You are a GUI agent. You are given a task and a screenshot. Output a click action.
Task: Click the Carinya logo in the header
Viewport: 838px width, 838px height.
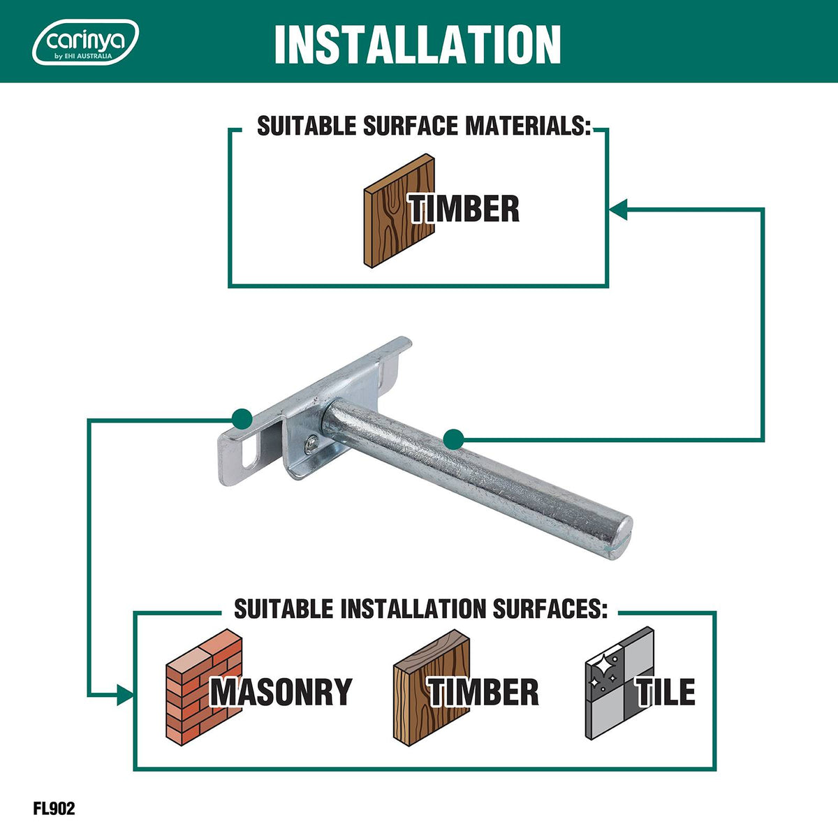[86, 42]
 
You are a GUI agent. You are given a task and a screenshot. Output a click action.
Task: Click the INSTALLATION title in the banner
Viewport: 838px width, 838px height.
[418, 45]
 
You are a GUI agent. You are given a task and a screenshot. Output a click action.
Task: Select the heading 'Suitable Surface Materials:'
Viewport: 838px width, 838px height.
[424, 126]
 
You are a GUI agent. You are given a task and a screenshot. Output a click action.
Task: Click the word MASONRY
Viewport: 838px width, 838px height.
[281, 692]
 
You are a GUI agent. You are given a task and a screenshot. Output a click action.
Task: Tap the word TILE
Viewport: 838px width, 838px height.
[666, 692]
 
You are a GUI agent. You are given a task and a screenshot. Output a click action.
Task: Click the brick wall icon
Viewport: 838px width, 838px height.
[203, 688]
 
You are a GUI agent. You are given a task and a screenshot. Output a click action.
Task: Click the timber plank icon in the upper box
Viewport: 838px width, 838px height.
[399, 210]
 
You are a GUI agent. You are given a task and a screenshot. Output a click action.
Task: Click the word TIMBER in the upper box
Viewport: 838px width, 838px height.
[464, 209]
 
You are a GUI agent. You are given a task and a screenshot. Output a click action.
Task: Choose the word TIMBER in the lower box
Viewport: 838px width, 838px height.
[483, 692]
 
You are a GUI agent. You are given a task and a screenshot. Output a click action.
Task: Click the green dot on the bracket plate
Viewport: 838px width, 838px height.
[242, 419]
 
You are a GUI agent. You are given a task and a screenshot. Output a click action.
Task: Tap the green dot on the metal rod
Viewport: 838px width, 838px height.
[454, 439]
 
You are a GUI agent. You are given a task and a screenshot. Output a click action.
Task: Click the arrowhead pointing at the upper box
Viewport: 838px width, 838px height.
[618, 209]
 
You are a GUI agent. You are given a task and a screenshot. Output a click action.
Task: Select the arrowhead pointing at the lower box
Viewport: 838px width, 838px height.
[125, 695]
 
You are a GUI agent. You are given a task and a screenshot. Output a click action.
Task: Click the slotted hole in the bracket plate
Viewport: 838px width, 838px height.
[250, 453]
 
